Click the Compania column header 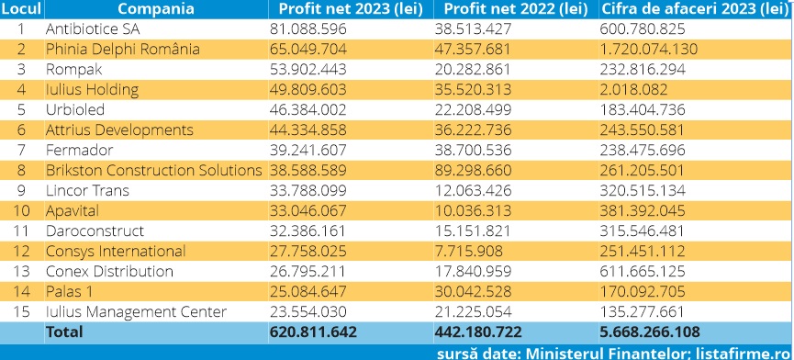[155, 9]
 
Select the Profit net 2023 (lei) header [351, 9]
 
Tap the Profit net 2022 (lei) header [516, 9]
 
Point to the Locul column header [21, 9]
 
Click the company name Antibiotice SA [93, 29]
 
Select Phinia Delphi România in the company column [123, 49]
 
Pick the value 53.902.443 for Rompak [308, 70]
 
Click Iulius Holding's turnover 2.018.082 [633, 90]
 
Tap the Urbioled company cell [75, 110]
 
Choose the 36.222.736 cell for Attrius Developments [473, 130]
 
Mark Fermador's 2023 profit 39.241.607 [308, 151]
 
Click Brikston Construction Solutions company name [154, 171]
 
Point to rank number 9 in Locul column [21, 191]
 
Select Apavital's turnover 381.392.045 [643, 210]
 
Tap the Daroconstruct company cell [95, 231]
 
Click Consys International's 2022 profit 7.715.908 [469, 251]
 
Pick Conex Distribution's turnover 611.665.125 [643, 272]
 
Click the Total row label [64, 332]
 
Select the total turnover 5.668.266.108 [650, 332]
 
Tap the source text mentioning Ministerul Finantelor [614, 353]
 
